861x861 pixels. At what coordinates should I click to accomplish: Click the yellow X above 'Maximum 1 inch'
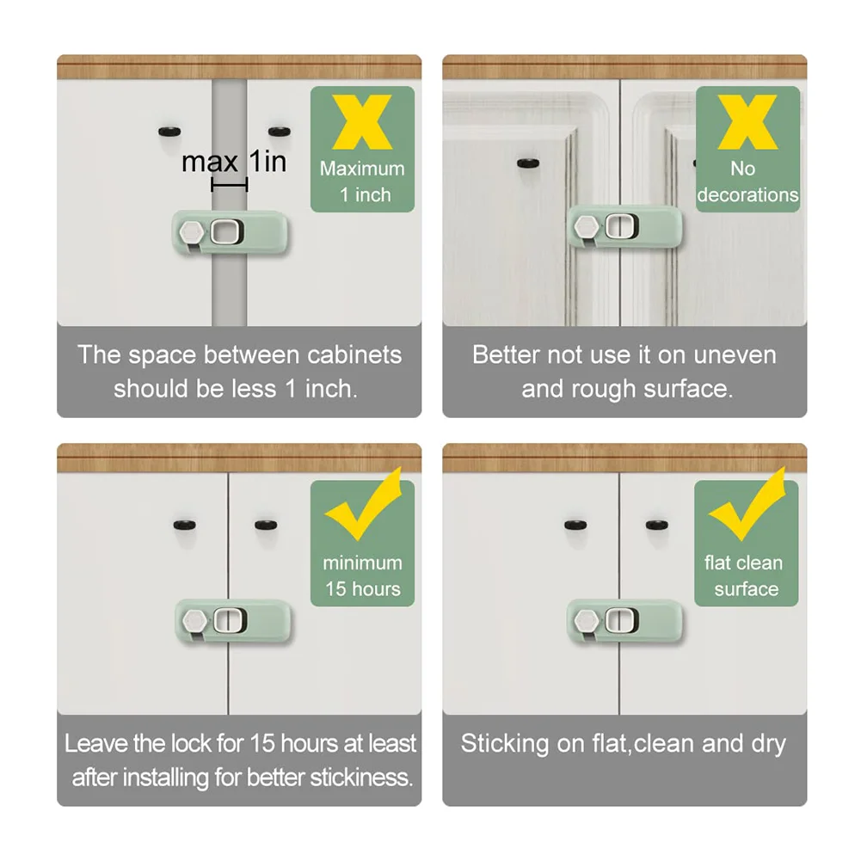point(362,122)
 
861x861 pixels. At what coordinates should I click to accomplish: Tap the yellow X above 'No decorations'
point(747,122)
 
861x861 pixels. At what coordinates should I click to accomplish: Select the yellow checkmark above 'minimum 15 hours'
point(364,505)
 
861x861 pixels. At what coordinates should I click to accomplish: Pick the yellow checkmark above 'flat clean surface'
point(747,505)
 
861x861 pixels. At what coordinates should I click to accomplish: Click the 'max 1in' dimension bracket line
point(230,185)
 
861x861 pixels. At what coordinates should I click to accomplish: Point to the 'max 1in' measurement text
point(234,162)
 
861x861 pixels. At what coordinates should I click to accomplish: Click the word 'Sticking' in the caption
point(504,745)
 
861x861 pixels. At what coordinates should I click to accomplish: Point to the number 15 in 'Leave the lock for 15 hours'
point(262,743)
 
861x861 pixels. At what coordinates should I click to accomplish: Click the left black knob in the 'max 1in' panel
point(169,132)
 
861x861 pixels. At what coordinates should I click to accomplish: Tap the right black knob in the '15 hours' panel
point(267,525)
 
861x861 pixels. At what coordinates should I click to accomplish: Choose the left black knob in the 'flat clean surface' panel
point(576,525)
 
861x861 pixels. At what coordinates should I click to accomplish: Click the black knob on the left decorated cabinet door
point(528,163)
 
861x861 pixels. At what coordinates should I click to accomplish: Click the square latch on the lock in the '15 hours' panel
point(230,620)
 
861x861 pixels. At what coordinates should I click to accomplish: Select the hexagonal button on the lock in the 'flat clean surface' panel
point(586,620)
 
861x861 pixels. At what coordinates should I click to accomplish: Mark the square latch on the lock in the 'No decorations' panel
point(622,226)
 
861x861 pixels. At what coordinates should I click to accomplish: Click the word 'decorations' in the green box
point(747,195)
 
